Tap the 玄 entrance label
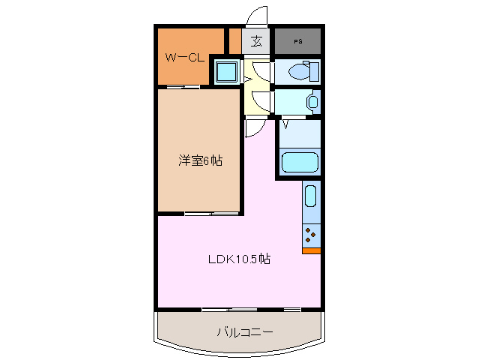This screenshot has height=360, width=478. click(256, 41)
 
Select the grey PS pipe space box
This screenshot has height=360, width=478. click(298, 41)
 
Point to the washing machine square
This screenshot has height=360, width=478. click(226, 73)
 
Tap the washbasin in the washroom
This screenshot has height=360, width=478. click(312, 101)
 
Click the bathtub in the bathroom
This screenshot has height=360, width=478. click(300, 163)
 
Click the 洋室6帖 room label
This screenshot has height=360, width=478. click(199, 160)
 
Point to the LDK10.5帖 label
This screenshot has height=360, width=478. click(239, 260)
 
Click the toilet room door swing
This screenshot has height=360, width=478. click(262, 73)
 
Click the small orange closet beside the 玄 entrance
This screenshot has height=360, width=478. click(235, 41)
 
